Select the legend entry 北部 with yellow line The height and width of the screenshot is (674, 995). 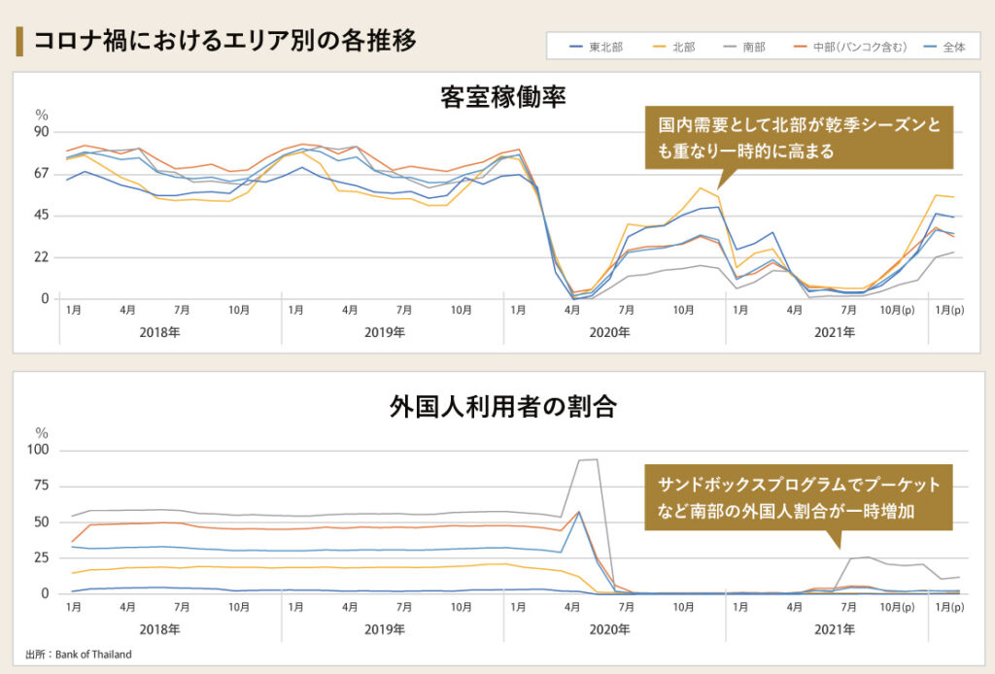[683, 47]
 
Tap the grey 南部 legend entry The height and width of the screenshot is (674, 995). [753, 47]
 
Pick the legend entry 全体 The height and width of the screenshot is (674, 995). [953, 47]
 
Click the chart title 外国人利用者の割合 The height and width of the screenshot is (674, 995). [502, 406]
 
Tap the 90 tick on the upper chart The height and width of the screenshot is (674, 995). [42, 131]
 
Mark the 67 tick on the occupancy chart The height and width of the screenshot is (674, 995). [42, 173]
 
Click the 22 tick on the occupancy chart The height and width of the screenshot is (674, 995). [42, 256]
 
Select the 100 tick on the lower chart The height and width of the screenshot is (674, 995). [39, 450]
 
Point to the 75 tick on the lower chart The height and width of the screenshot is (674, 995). [42, 486]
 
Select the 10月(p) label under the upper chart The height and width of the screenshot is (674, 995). [897, 311]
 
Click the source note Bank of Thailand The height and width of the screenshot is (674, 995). [79, 655]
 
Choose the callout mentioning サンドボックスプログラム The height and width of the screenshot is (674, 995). [799, 496]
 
